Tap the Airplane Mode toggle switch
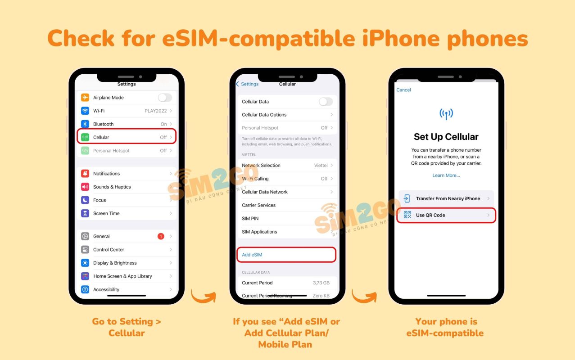(165, 98)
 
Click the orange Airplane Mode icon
(85, 98)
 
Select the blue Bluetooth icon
(85, 124)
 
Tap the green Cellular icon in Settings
(85, 137)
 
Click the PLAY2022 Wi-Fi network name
(155, 111)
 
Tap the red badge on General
(161, 236)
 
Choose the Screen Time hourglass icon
(85, 213)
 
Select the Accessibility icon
(85, 289)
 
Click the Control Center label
(109, 250)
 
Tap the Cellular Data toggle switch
(326, 102)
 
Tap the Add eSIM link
(252, 255)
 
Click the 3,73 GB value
(321, 283)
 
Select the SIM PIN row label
(250, 218)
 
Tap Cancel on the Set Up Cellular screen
(403, 90)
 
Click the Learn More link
(446, 175)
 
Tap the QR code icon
(407, 215)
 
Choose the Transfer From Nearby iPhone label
(448, 198)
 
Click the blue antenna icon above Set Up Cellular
(446, 114)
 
